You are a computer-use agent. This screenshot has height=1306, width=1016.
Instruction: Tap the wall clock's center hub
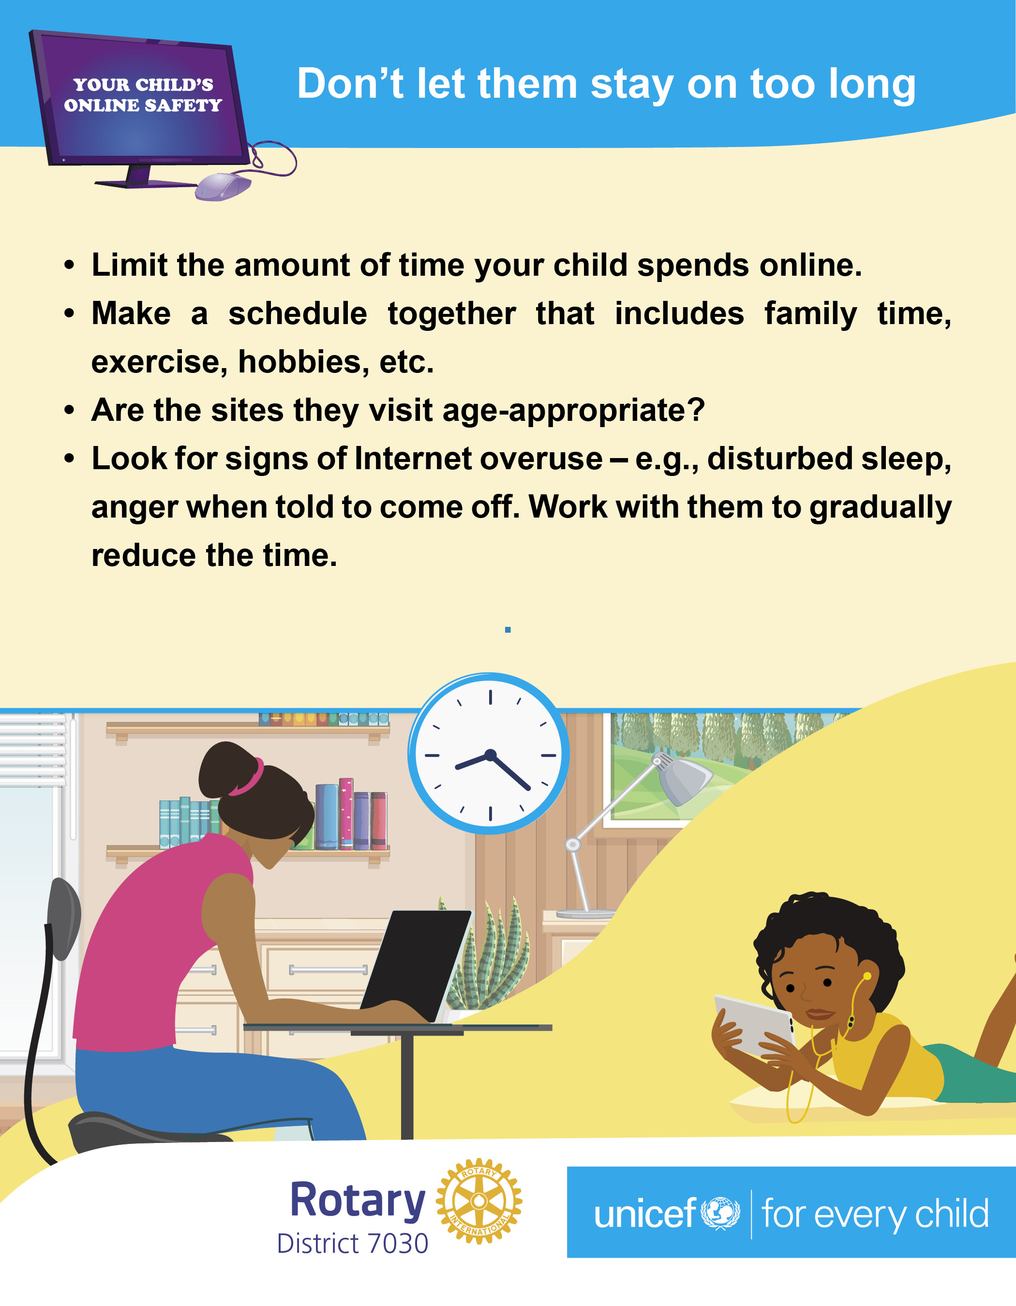click(x=491, y=755)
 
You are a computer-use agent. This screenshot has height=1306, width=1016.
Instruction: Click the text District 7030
click(x=353, y=1243)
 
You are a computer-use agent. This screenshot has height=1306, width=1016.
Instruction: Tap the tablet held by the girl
click(x=755, y=1024)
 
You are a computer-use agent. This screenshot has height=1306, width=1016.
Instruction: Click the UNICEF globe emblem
click(x=720, y=1213)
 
